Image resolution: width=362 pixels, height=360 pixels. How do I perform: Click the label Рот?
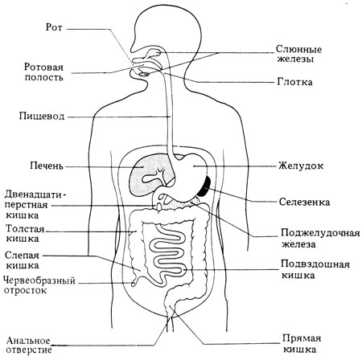[x=54, y=27]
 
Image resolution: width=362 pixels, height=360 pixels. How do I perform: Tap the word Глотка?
[x=294, y=82]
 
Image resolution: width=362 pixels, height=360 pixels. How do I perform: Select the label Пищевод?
[x=42, y=117]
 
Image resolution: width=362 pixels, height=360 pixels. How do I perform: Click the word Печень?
[x=47, y=166]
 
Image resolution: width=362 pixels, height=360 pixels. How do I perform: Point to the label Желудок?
[x=301, y=166]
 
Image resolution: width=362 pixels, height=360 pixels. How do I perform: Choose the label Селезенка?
[x=304, y=202]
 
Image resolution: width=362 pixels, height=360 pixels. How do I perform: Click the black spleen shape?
[x=206, y=186]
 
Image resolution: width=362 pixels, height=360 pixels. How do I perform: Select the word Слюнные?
[x=298, y=50]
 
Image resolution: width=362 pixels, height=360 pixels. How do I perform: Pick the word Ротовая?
[x=43, y=67]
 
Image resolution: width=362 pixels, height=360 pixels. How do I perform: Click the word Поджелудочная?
[x=320, y=233]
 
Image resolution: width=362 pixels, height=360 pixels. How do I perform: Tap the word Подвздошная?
[x=315, y=264]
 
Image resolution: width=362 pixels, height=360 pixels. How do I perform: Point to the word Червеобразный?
[x=39, y=281]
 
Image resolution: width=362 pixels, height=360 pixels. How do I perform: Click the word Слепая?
[x=22, y=256]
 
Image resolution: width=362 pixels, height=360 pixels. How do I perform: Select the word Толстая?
[x=25, y=229]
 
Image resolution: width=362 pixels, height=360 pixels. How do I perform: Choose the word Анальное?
[x=28, y=341]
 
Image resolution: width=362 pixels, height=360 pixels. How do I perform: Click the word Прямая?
[x=302, y=338]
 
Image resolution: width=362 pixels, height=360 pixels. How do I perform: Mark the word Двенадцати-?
[x=35, y=194]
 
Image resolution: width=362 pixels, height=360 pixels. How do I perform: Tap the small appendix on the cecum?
[x=135, y=280]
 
